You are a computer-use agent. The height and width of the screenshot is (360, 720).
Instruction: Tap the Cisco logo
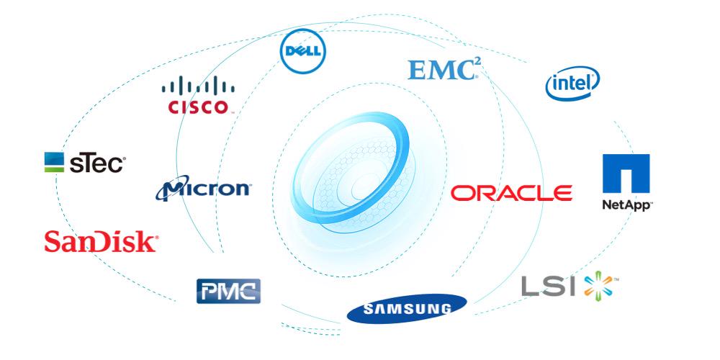(197, 97)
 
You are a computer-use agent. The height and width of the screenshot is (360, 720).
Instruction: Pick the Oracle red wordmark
(512, 193)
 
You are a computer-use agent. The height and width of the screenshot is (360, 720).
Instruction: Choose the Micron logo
(204, 189)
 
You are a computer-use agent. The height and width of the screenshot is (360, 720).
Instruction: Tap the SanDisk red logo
(101, 241)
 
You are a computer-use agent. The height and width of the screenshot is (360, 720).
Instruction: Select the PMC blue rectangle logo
(228, 290)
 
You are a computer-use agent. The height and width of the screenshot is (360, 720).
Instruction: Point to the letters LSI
(549, 286)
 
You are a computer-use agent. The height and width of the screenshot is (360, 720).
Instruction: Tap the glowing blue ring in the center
(356, 176)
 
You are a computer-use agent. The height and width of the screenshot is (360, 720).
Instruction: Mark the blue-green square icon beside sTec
(54, 162)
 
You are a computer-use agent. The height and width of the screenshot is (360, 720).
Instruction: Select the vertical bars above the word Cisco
(197, 88)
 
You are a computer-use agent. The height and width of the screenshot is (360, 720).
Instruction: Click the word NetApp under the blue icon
(626, 205)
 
